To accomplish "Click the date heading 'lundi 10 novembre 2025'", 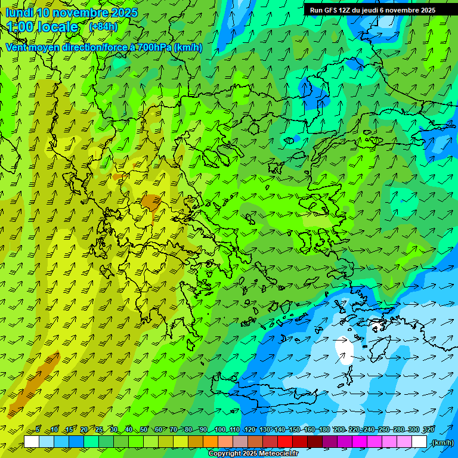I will point(72,13).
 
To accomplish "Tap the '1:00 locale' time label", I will point(42,27).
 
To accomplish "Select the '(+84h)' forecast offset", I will point(103,27).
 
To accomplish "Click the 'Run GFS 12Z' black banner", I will point(373,10).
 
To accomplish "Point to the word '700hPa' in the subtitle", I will point(156,47).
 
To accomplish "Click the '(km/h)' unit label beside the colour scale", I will point(442,442).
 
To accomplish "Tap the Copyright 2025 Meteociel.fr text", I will point(253,454).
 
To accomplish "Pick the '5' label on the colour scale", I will point(38,429).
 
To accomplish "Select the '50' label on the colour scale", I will point(144,429).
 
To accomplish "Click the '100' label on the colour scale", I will point(220,429).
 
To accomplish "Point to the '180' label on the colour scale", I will point(324,429).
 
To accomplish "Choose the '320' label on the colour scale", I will point(429,429).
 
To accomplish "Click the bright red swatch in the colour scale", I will point(284,442).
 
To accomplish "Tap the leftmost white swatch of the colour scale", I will point(32,442).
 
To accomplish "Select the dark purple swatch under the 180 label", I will point(330,442).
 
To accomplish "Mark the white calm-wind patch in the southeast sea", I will point(344,349).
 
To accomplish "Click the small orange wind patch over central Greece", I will point(150,202).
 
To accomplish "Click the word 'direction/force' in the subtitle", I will point(89,47).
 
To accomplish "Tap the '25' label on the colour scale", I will point(98,429).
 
